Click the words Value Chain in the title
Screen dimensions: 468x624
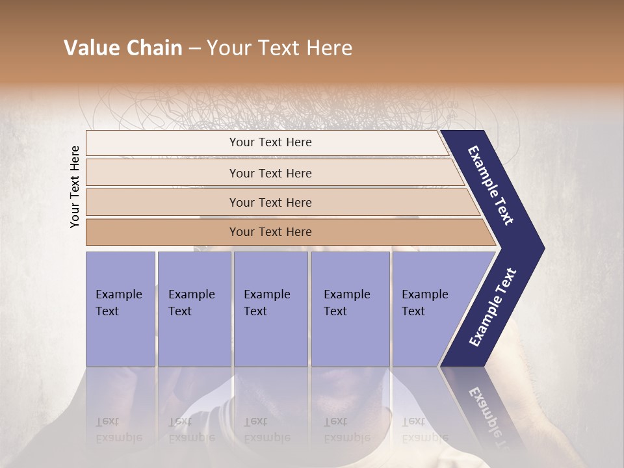123,48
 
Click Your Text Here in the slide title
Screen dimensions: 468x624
279,48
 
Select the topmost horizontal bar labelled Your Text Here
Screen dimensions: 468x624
270,142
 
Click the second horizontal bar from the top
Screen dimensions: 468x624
270,173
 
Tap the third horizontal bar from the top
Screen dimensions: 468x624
270,202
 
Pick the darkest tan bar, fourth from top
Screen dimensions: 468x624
270,232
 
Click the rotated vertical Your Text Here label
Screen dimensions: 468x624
75,187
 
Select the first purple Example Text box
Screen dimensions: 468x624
120,308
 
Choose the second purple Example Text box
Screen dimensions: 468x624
194,308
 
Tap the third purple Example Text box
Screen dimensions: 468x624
270,308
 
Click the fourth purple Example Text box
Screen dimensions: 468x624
350,308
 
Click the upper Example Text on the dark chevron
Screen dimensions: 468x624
491,185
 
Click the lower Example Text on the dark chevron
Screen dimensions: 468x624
493,307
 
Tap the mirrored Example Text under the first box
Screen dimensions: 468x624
119,429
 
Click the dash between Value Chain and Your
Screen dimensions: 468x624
194,49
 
